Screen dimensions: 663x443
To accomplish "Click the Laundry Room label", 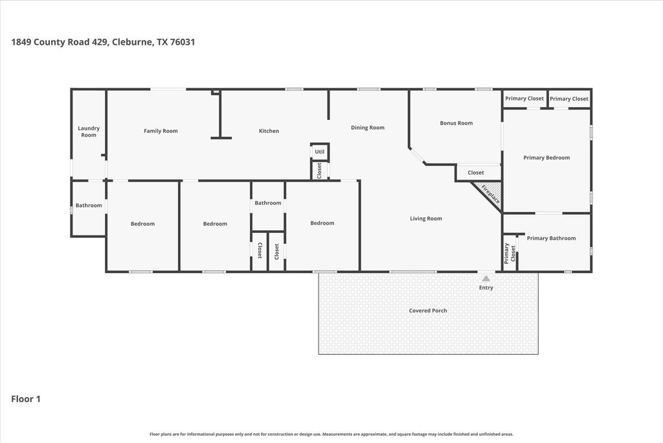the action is [88, 131].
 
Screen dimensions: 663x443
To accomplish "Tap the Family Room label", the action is [161, 131].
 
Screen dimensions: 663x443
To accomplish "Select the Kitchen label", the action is [269, 131].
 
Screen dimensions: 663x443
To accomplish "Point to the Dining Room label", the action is [368, 128].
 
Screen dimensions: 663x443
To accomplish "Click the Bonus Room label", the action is [456, 123].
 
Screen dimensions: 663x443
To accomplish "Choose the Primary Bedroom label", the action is [546, 158].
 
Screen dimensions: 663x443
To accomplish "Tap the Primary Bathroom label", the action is [551, 238].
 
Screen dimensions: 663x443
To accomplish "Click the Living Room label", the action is [426, 219].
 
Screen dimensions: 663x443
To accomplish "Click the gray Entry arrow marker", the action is [486, 278].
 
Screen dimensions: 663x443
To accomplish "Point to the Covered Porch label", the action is [428, 311].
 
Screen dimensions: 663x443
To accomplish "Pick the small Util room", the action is [320, 152].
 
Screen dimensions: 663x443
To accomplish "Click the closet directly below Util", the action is [320, 170].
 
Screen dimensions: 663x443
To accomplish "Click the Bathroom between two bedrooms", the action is [268, 206].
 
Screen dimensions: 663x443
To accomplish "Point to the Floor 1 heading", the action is [26, 399].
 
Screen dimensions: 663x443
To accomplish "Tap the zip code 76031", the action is [182, 42].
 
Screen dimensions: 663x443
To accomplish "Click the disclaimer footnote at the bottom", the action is [331, 434].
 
